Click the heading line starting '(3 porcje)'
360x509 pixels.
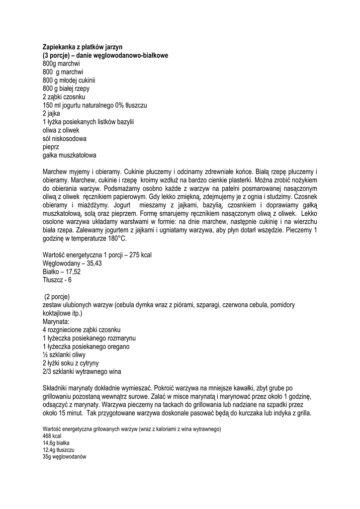click(105, 55)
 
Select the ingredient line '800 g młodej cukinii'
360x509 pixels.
click(69, 80)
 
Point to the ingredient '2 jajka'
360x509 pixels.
click(51, 113)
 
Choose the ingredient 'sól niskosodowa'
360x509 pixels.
click(65, 138)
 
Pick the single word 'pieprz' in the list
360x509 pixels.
click(51, 147)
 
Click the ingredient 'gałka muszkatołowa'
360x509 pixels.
click(70, 155)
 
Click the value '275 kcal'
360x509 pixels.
click(140, 255)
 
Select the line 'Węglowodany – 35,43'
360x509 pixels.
click(72, 263)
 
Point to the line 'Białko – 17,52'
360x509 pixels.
click(62, 271)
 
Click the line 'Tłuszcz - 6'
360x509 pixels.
click(57, 280)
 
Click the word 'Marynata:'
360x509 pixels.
click(56, 322)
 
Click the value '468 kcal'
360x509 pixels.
click(52, 435)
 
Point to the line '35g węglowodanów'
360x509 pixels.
click(65, 456)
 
